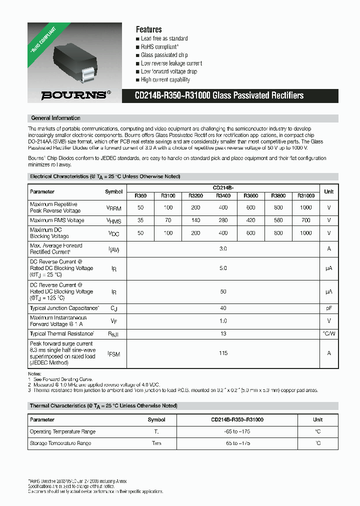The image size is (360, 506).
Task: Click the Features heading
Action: [148, 29]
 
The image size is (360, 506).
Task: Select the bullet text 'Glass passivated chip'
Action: [164, 55]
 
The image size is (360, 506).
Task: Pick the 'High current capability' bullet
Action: [165, 79]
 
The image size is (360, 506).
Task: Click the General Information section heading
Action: [55, 118]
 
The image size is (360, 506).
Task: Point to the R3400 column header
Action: [223, 196]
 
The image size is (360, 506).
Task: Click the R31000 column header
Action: [305, 196]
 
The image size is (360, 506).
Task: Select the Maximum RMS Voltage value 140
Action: [195, 220]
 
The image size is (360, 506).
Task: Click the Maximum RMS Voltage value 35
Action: [140, 220]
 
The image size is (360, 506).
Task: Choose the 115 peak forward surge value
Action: [223, 353]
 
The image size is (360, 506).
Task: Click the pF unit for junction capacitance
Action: [328, 308]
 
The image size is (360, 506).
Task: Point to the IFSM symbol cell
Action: [114, 353]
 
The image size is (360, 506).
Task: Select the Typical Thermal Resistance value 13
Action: [223, 333]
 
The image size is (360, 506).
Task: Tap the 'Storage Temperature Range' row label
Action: [60, 443]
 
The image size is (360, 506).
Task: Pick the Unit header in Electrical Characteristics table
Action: [328, 191]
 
